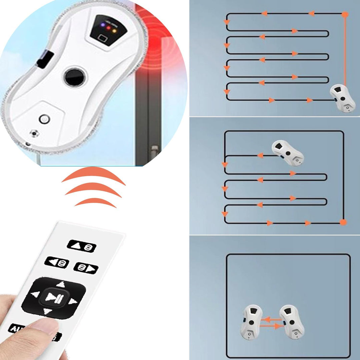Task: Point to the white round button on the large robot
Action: point(44,118)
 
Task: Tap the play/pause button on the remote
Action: point(53,297)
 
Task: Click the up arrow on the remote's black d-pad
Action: point(60,284)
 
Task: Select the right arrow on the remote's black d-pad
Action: point(73,302)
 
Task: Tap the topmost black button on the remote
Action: point(81,246)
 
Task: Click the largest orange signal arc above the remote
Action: point(94,175)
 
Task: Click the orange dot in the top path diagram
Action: point(346,14)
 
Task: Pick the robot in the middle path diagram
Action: point(288,153)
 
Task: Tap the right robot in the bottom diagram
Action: point(292,321)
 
